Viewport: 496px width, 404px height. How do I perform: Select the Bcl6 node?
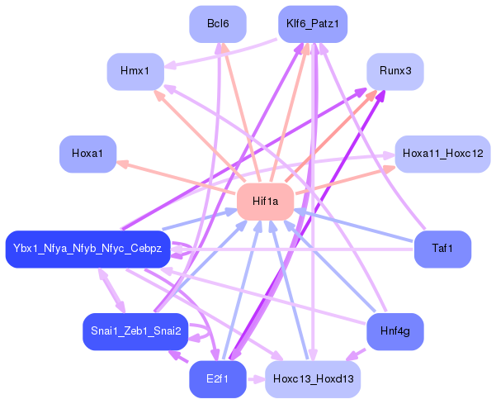[218, 24]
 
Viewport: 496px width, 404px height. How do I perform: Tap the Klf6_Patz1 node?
[312, 24]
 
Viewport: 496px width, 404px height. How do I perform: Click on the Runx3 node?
[395, 72]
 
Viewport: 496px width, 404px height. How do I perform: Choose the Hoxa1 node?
[87, 154]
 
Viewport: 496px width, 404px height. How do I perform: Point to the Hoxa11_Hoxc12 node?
[443, 154]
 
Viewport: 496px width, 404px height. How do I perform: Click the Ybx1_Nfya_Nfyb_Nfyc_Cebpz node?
[87, 249]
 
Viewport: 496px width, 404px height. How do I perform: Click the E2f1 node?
[218, 380]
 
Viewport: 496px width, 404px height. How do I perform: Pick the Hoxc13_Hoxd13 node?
[312, 380]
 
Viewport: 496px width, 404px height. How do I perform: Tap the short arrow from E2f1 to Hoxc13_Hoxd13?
[255, 380]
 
